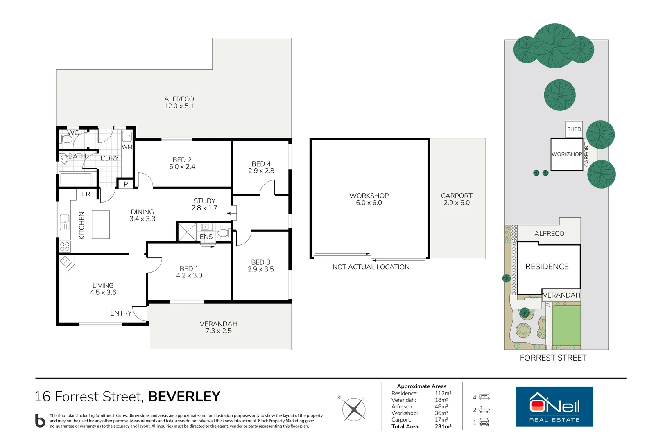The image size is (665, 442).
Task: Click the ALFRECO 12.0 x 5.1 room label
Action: pos(179,102)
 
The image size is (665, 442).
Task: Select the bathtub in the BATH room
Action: pos(76,179)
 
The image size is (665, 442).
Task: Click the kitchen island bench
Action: pos(101,225)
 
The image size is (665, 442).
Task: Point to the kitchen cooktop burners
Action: pos(65,246)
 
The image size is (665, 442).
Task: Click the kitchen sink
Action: pos(65,223)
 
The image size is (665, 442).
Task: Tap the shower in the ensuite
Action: pos(187,232)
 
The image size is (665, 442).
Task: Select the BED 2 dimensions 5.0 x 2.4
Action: pos(182,167)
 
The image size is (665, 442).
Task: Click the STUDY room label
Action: pos(205,201)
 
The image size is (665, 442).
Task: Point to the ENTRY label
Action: pos(121,313)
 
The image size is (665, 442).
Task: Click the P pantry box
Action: pos(126,184)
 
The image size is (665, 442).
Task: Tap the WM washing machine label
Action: pos(127,147)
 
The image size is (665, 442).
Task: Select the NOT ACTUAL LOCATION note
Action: pos(371,267)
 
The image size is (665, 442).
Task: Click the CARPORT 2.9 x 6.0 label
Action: pos(457,199)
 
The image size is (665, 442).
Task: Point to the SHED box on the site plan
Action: pos(574,129)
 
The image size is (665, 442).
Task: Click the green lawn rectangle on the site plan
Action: pos(566,325)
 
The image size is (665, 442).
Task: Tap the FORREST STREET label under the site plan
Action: pos(553,358)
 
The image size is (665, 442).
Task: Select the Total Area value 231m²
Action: pos(443,426)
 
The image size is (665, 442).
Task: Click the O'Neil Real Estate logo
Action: pos(554,407)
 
